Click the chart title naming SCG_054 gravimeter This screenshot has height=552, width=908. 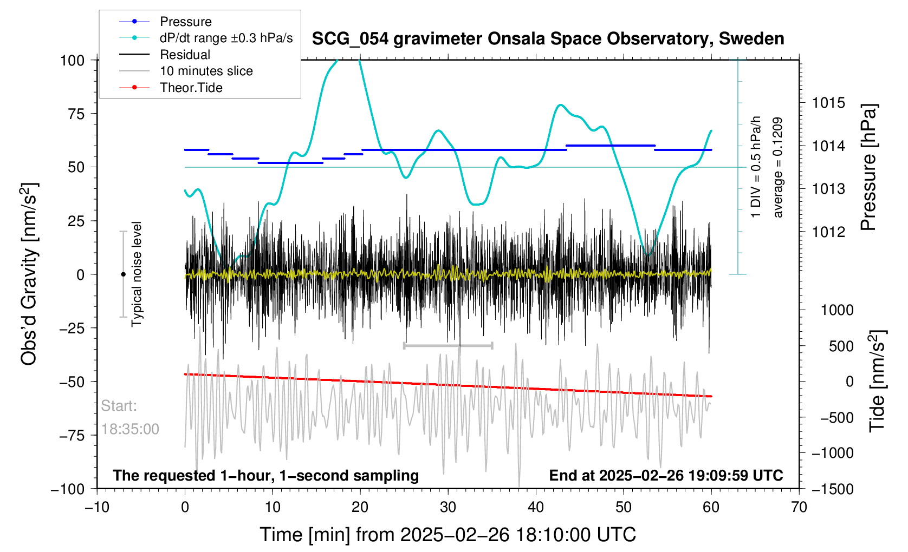tap(548, 39)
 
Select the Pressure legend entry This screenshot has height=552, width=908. tap(185, 22)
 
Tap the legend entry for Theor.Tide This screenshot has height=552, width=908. tap(191, 88)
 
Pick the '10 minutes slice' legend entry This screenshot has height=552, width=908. tap(206, 71)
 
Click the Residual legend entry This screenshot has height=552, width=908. tap(185, 55)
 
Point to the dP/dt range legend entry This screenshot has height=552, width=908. tap(226, 38)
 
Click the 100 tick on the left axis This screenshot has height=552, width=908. tap(73, 60)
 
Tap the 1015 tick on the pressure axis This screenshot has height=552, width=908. tap(828, 103)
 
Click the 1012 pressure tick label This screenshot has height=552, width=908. tap(828, 232)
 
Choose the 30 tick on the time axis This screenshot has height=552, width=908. tap(448, 507)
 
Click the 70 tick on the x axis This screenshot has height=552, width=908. tap(799, 507)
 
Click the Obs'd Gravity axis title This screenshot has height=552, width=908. tap(29, 274)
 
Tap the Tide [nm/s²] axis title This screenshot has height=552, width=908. tap(877, 381)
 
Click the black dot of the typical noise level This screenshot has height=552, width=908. tap(123, 274)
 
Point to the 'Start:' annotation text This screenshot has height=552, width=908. tap(119, 406)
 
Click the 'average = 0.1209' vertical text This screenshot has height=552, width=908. tap(778, 168)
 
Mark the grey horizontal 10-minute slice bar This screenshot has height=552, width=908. tap(448, 345)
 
